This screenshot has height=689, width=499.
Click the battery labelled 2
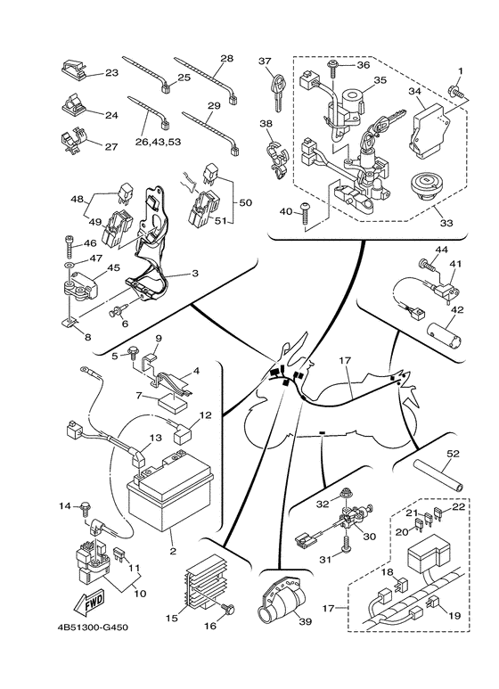point(169,493)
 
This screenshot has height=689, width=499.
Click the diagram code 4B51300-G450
point(93,627)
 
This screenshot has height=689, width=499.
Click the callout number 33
point(446,223)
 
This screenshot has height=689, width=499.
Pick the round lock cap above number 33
point(425,186)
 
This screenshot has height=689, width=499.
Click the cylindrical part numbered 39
point(281,600)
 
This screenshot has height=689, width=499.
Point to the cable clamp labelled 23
point(72,70)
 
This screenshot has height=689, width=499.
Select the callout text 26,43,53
point(157,142)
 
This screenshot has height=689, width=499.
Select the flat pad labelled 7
point(173,402)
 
